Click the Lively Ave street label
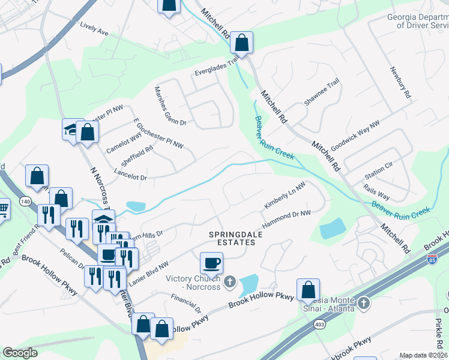[x=94, y=29]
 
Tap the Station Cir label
[x=379, y=176]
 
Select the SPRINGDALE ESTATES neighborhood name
[x=232, y=238]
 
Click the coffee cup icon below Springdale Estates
[x=211, y=262]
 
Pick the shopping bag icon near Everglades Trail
[x=242, y=42]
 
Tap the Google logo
[x=20, y=353]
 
